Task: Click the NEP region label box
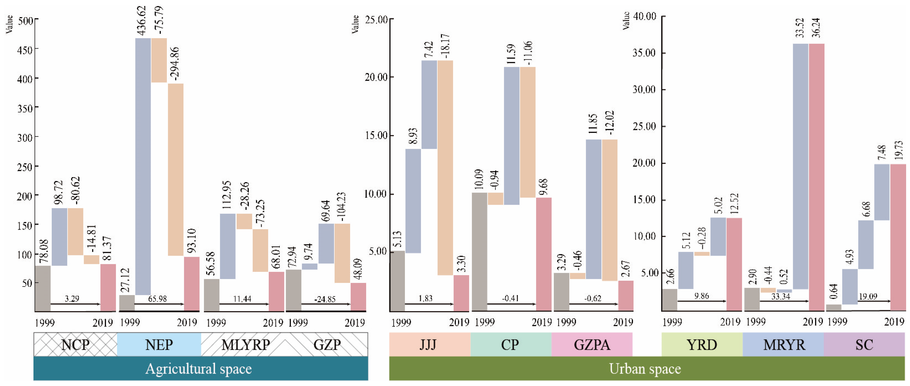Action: tap(159, 344)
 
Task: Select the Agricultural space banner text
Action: tap(198, 369)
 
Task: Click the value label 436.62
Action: tap(142, 20)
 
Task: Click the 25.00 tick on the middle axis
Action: tap(376, 20)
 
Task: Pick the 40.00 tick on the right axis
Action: tap(644, 16)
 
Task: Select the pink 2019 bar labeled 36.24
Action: tap(816, 176)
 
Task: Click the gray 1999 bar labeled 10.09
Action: tap(479, 251)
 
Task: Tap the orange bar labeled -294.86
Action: tap(175, 169)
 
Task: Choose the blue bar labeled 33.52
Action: tap(800, 166)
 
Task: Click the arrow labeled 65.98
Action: tap(159, 304)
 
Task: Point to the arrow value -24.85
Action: tap(325, 299)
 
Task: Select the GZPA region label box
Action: tap(592, 344)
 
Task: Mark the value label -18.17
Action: tap(446, 46)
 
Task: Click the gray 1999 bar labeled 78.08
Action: tap(43, 288)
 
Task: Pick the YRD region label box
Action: tap(702, 344)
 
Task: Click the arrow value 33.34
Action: tap(780, 296)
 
